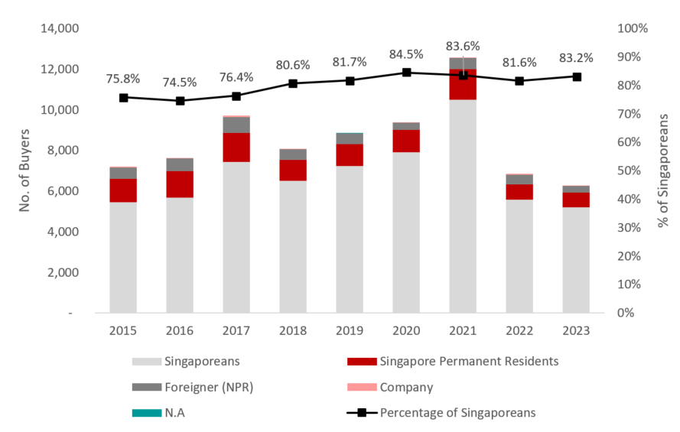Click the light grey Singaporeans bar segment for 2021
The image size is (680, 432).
click(463, 206)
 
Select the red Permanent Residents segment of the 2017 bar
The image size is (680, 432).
click(236, 147)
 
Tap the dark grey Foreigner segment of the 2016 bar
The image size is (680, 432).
click(180, 164)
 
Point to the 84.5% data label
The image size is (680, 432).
click(406, 54)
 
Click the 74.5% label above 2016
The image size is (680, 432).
click(180, 82)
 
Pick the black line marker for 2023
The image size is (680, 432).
click(577, 76)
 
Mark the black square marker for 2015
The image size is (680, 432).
click(123, 97)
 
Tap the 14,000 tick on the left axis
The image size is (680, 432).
click(58, 28)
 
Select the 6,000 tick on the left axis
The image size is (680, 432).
click(61, 191)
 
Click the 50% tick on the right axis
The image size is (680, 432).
click(633, 171)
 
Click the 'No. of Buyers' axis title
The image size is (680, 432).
click(24, 171)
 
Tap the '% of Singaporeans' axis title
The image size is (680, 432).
click(663, 171)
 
